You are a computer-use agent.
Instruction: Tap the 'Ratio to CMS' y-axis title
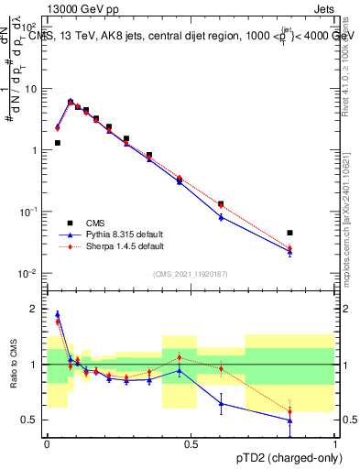tap(14, 365)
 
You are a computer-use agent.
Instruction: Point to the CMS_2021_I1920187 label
tap(190, 273)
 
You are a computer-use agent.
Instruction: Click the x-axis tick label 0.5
tap(191, 444)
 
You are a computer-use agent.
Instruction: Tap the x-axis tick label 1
tap(334, 444)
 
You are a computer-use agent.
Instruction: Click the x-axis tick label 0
tap(47, 444)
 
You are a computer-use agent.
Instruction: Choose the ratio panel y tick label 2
tap(35, 309)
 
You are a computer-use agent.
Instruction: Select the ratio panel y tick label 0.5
tap(31, 420)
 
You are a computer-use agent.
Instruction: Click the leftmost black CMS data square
tap(58, 143)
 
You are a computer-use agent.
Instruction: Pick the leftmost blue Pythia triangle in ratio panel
tap(58, 314)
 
